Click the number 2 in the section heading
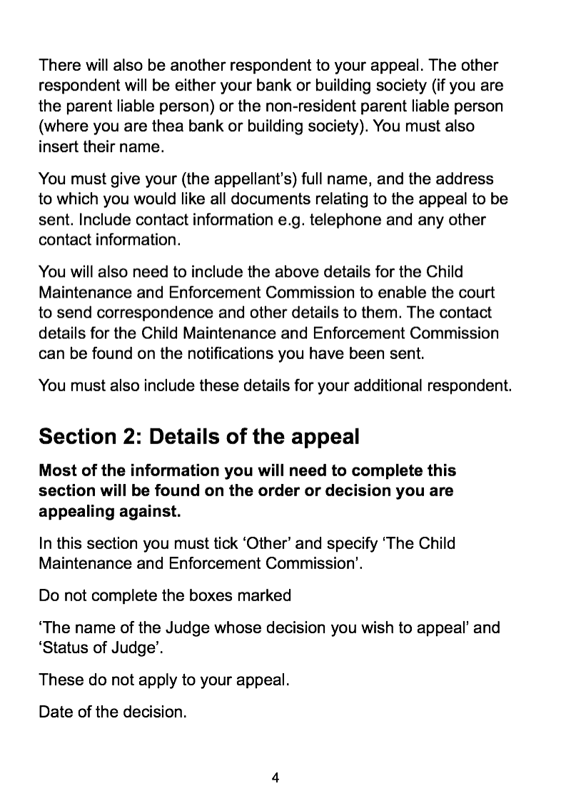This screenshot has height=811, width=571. click(128, 436)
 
